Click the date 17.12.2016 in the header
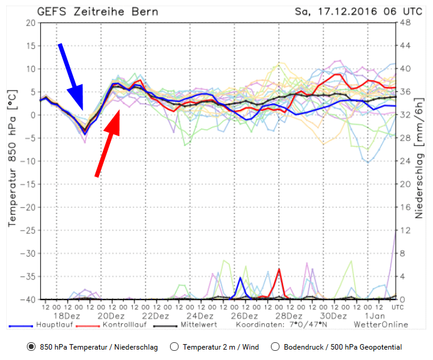(x=352, y=11)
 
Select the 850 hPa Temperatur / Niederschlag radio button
(x=31, y=347)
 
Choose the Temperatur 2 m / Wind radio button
(x=174, y=347)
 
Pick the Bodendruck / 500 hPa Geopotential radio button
(x=276, y=347)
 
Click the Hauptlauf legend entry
(x=55, y=325)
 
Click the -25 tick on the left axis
(x=27, y=230)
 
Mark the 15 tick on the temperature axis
(x=29, y=46)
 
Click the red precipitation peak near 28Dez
(x=279, y=270)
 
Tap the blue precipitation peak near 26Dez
(x=240, y=278)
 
